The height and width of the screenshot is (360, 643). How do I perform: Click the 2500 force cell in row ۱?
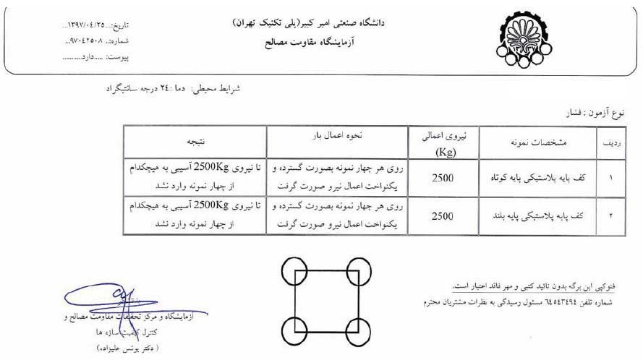[x=443, y=176]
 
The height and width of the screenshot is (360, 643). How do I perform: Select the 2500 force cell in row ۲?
[x=443, y=215]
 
